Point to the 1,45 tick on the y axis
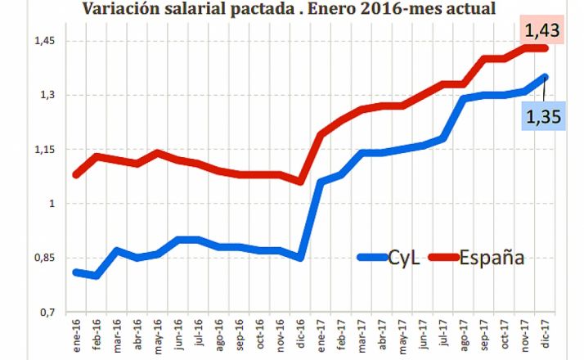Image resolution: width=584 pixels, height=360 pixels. (42, 41)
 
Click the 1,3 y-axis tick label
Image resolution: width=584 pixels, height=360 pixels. (46, 95)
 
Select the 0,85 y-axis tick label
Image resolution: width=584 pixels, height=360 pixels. (42, 258)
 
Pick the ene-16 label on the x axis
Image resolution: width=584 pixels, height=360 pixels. (76, 335)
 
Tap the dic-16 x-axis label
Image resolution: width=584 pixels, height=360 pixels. (301, 335)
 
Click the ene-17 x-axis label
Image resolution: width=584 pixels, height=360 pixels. (321, 335)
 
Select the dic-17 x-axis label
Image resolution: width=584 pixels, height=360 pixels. (546, 335)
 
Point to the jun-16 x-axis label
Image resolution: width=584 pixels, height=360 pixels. (178, 335)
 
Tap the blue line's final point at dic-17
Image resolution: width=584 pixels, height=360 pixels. (546, 77)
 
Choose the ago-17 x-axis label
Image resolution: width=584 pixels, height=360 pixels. (465, 335)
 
